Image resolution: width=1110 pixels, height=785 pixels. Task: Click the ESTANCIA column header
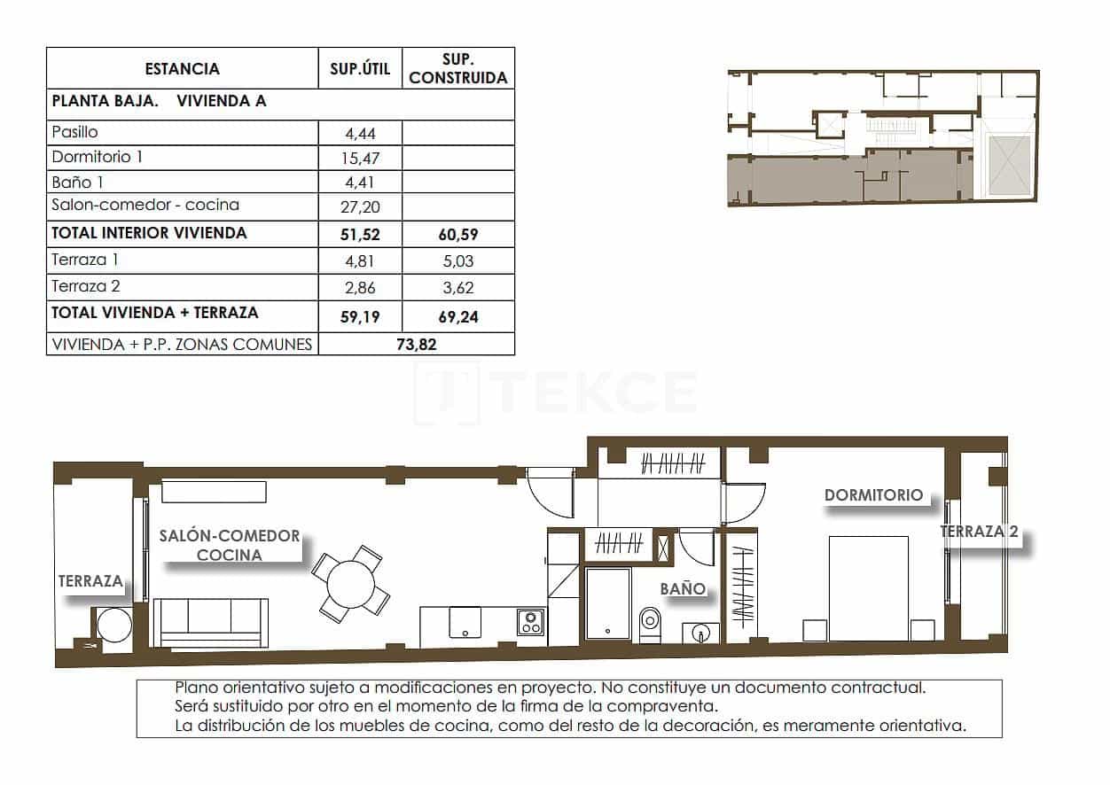tap(182, 69)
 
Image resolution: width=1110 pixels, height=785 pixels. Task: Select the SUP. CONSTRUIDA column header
tap(458, 69)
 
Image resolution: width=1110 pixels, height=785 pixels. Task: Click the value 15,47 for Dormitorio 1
tap(360, 159)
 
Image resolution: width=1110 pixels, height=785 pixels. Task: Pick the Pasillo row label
tap(75, 133)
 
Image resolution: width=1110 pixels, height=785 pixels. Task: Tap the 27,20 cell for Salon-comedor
tap(360, 206)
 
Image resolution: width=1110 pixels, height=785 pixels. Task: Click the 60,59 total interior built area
tap(458, 234)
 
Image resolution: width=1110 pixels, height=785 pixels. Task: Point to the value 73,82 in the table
tap(415, 345)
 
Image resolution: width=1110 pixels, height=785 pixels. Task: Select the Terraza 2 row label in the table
tap(86, 286)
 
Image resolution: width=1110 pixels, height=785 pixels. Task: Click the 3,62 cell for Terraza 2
tap(458, 287)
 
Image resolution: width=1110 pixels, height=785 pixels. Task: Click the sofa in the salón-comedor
tap(210, 622)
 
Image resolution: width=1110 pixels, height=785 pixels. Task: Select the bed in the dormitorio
tap(868, 588)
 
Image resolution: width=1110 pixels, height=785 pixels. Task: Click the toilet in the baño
tap(650, 622)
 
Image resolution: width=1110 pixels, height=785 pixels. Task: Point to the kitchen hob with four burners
tap(531, 622)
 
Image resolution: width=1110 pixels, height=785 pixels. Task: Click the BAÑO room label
tap(683, 588)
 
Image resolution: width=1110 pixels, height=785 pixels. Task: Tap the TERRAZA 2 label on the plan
tap(979, 532)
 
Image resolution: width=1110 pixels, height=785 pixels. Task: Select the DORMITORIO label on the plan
tap(873, 495)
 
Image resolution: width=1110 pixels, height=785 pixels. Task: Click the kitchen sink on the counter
tap(465, 621)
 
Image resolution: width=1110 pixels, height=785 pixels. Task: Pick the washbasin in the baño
tap(702, 633)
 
